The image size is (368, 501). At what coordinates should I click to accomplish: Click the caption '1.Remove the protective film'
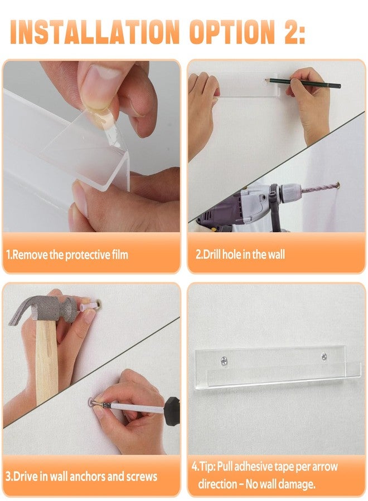tap(67, 254)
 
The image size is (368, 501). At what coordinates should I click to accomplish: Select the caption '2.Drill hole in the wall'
tap(240, 254)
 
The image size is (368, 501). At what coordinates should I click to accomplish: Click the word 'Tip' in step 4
tap(206, 467)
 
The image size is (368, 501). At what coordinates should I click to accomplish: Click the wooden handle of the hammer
tap(46, 361)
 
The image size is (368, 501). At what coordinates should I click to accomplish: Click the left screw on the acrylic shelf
tap(224, 361)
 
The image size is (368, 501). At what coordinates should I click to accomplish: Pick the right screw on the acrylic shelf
tap(324, 356)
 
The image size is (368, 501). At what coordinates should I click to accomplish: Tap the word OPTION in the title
tap(232, 32)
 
